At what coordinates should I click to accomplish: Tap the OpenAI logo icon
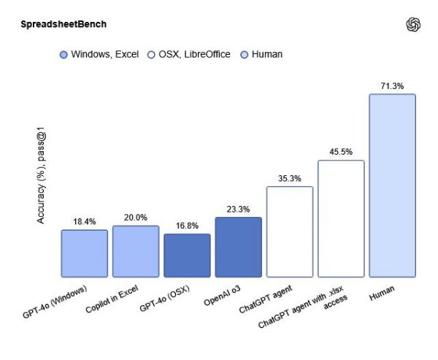pyautogui.click(x=413, y=25)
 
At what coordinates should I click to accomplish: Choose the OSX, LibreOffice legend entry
pyautogui.click(x=190, y=54)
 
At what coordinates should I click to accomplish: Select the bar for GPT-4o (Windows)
pyautogui.click(x=85, y=253)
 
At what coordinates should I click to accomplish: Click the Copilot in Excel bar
pyautogui.click(x=136, y=251)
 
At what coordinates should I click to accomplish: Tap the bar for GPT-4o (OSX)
pyautogui.click(x=187, y=256)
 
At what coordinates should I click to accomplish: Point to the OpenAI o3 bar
pyautogui.click(x=238, y=247)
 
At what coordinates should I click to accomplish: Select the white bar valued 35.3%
pyautogui.click(x=290, y=231)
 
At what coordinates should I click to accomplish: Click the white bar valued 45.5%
pyautogui.click(x=341, y=218)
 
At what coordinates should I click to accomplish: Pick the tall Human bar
pyautogui.click(x=392, y=185)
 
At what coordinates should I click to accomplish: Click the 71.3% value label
pyautogui.click(x=392, y=86)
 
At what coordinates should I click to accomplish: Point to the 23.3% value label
pyautogui.click(x=238, y=209)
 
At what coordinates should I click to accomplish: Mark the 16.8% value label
pyautogui.click(x=187, y=226)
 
